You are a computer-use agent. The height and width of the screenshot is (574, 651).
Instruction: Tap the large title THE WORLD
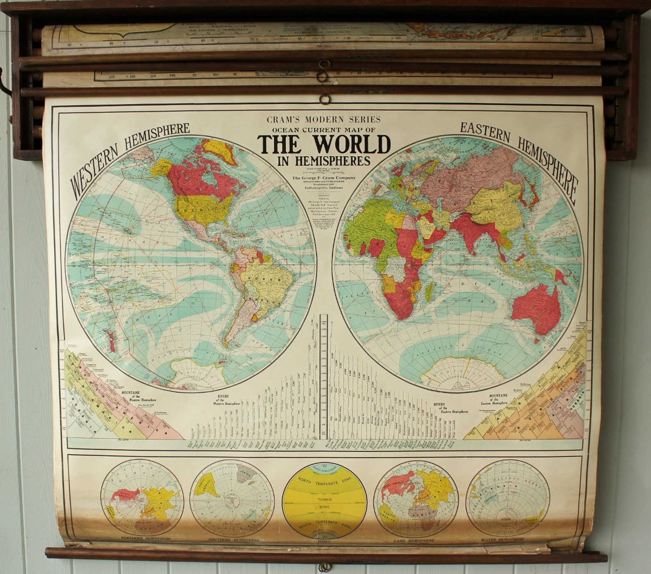pos(324,144)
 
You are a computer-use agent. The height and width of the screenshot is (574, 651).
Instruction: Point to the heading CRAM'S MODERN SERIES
pos(324,120)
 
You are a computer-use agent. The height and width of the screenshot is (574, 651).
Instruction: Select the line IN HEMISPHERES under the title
pos(324,161)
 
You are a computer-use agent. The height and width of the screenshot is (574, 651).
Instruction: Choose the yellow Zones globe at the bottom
pos(324,501)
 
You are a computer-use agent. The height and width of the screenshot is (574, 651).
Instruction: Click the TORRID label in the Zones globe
pos(324,500)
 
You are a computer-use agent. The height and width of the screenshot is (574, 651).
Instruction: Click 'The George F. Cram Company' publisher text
pos(324,178)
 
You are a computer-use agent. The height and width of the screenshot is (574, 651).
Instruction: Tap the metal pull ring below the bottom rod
pos(325,567)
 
